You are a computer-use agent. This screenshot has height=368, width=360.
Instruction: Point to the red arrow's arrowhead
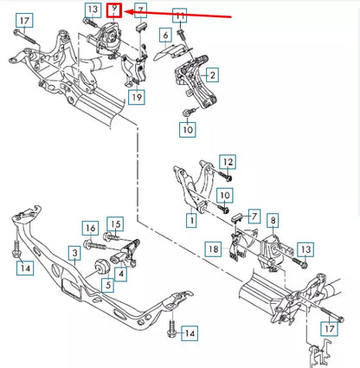130,13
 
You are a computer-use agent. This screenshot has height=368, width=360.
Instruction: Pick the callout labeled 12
228,162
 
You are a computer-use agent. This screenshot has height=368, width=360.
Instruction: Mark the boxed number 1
190,222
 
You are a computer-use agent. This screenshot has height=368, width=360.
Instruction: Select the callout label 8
272,221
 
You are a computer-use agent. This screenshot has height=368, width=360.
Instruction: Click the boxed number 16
89,228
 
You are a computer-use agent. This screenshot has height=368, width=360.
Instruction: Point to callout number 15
116,223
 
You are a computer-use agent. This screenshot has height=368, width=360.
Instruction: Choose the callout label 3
75,253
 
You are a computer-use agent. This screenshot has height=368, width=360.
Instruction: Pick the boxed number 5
108,284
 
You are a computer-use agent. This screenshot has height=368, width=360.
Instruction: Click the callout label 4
121,274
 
